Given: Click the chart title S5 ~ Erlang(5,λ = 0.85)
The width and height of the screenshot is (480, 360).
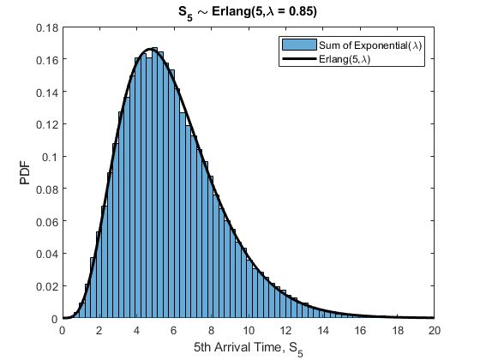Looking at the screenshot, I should [249, 12].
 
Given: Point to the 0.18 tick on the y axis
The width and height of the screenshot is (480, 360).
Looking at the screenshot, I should [46, 27].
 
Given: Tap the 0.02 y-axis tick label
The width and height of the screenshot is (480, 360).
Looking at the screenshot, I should [46, 286].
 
